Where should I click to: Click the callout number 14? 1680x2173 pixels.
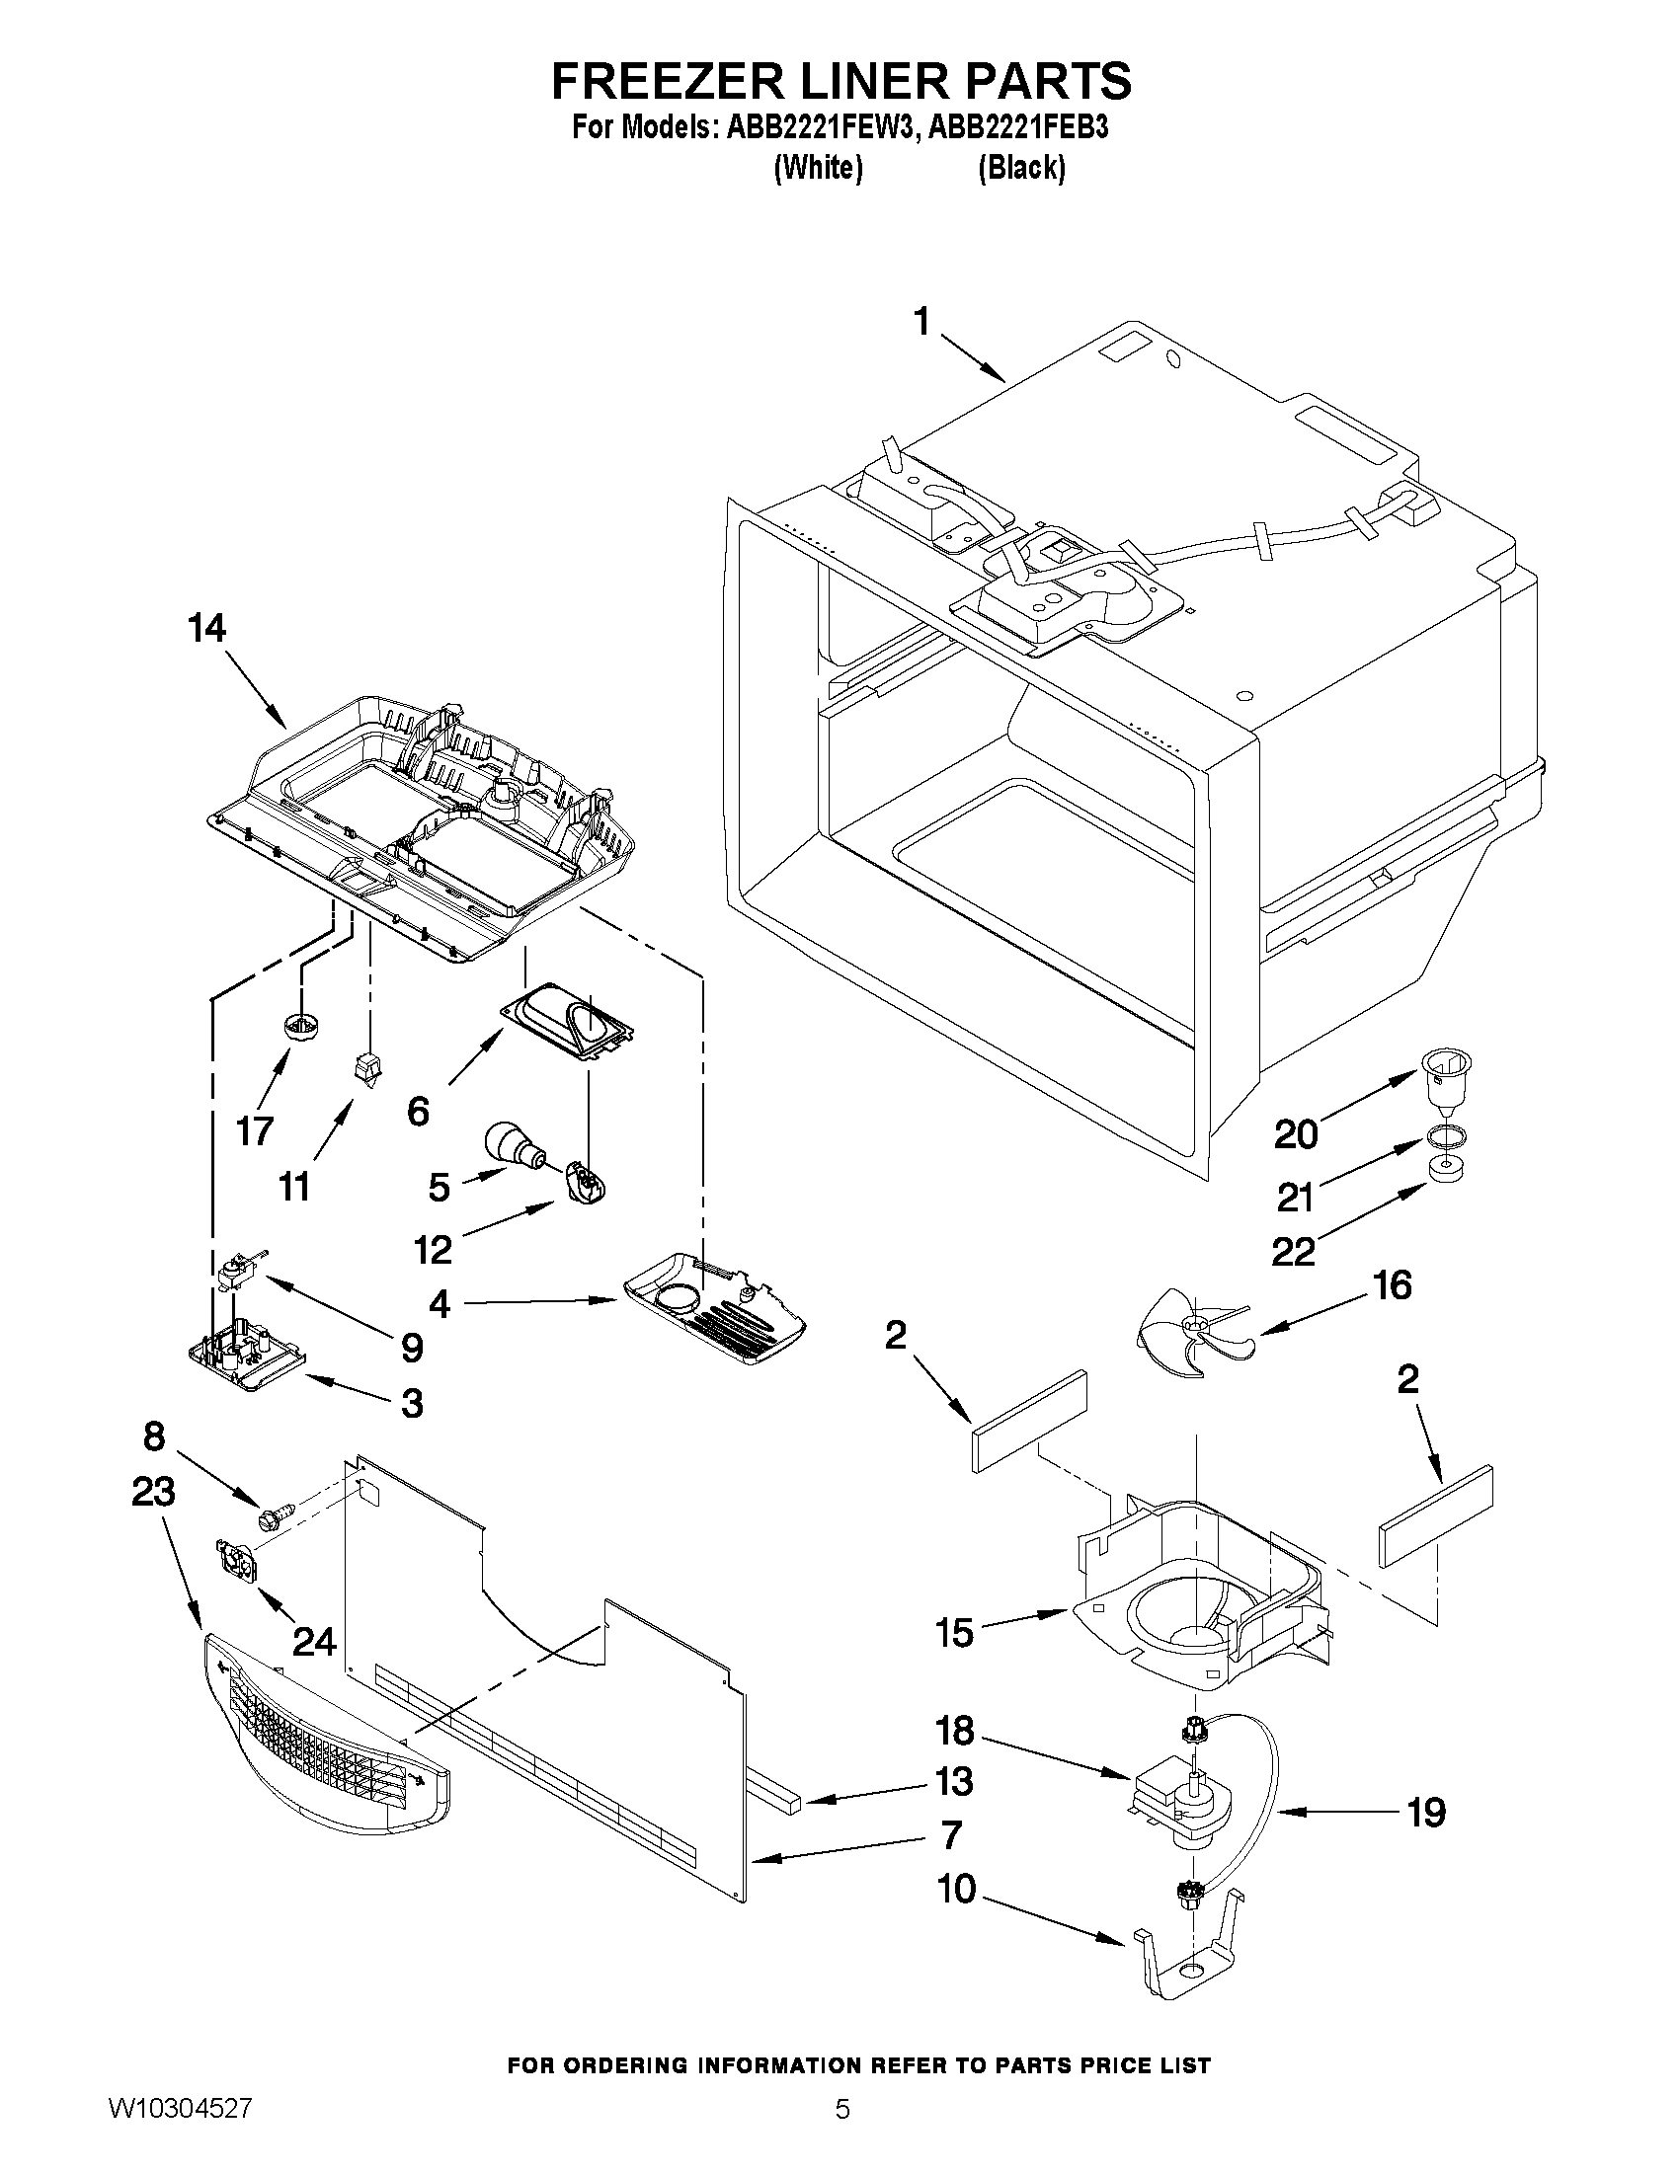pyautogui.click(x=207, y=629)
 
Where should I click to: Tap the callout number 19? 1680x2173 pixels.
pyautogui.click(x=1425, y=1813)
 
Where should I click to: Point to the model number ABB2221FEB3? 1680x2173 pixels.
pyautogui.click(x=1018, y=129)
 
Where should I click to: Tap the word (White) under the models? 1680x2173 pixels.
pyautogui.click(x=817, y=168)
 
